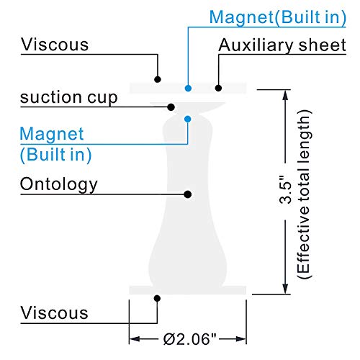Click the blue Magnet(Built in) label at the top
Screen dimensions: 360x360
[278, 17]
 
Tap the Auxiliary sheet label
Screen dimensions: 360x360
[282, 45]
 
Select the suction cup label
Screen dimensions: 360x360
[69, 98]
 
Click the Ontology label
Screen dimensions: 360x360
[59, 184]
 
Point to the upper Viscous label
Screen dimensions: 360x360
[55, 44]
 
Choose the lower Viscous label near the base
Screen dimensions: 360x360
[55, 312]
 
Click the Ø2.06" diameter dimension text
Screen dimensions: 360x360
[189, 339]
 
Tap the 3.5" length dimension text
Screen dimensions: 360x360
[285, 190]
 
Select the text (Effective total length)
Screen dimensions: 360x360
[304, 194]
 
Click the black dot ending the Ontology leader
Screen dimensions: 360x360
[188, 194]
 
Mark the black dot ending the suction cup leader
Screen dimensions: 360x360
[171, 107]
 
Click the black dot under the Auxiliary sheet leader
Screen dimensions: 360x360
[218, 88]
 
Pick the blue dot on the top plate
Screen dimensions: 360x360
[188, 88]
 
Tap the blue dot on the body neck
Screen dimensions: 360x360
[188, 119]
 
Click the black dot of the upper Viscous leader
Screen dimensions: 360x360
[158, 79]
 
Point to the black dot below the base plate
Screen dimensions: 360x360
[157, 298]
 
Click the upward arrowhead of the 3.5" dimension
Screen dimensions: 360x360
[285, 95]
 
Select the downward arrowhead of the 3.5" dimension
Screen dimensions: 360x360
[285, 288]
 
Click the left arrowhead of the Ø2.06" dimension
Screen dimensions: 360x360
[135, 339]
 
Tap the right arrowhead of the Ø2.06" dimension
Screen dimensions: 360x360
[240, 339]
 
